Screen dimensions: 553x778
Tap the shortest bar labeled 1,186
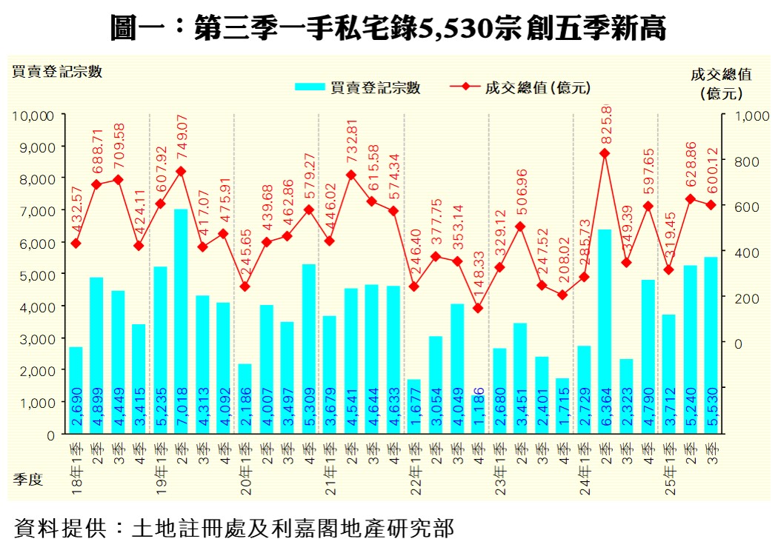[478, 415]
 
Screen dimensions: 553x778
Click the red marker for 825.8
[605, 153]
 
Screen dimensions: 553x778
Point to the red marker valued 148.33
[478, 308]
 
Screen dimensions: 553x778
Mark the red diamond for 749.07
[181, 171]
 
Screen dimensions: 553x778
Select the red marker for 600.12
[711, 205]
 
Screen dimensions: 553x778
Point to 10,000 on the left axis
[33, 115]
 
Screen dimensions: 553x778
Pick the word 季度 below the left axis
[27, 480]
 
